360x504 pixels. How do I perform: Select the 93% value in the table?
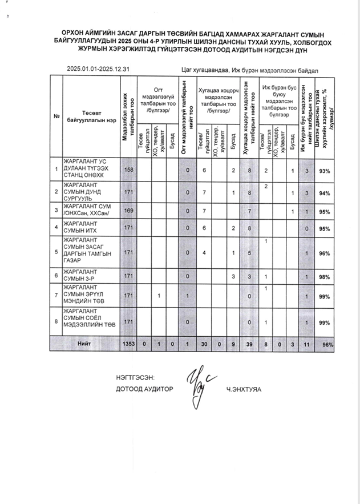click(x=325, y=171)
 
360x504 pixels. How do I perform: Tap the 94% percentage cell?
click(x=325, y=193)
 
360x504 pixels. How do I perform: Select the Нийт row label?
click(x=85, y=345)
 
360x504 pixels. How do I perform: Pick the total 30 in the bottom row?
click(x=204, y=345)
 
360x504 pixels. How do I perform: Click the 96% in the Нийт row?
click(x=327, y=345)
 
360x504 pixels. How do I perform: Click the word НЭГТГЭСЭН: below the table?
click(x=135, y=377)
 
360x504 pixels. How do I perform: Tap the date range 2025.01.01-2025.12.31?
click(x=98, y=69)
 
